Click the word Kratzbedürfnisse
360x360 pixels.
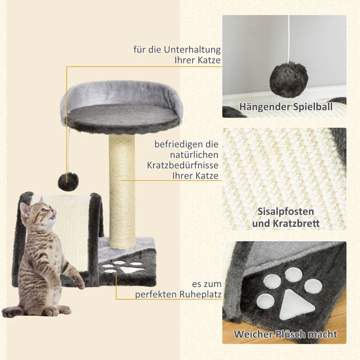(183, 165)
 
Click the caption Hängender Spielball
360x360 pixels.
(286, 107)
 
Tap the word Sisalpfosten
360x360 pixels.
(286, 211)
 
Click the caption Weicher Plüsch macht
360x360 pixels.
(285, 334)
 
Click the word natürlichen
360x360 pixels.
(193, 155)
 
